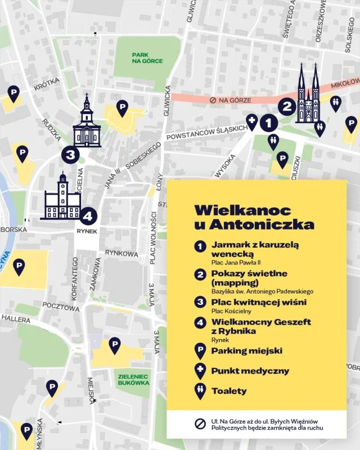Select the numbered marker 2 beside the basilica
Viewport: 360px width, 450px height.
point(287,106)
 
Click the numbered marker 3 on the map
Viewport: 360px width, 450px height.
point(70,154)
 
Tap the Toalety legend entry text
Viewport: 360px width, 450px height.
point(229,391)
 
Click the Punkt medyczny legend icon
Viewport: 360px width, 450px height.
point(199,371)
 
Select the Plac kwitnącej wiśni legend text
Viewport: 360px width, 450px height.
point(259,303)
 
